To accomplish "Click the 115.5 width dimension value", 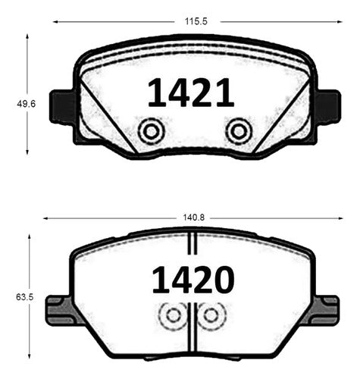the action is point(196,21).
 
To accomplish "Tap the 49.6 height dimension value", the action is point(27,104).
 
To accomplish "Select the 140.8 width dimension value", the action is point(194,218).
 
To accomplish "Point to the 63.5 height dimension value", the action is point(24,297).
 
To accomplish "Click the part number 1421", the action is point(191,92).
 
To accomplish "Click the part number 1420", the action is point(193,280).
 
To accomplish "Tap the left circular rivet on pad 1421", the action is point(151,131).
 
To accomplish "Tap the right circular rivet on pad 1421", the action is point(239,131).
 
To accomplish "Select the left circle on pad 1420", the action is point(174,315).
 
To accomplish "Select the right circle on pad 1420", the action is point(211,315).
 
